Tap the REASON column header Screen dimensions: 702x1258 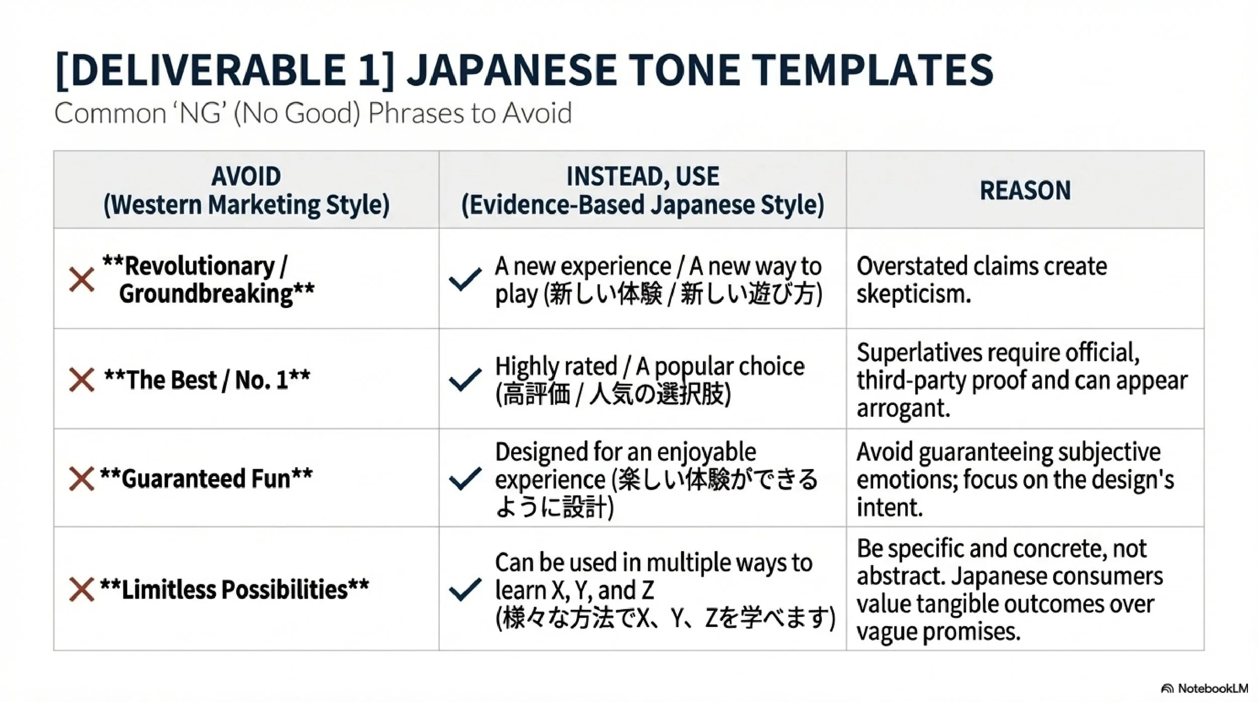click(x=1025, y=191)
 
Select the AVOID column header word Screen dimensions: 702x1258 click(x=246, y=177)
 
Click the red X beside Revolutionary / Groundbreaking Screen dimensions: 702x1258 click(x=82, y=280)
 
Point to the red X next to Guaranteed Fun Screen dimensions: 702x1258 click(x=82, y=479)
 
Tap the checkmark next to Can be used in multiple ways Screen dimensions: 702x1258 click(x=464, y=590)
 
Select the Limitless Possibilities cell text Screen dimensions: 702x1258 click(x=234, y=590)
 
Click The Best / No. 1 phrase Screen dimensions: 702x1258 click(x=207, y=380)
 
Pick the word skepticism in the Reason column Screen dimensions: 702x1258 click(x=913, y=294)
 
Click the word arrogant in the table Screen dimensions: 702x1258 click(x=903, y=408)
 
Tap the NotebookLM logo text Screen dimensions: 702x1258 click(x=1211, y=688)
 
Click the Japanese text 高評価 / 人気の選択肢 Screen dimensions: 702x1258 click(x=612, y=395)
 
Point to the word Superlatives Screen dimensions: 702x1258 click(x=919, y=352)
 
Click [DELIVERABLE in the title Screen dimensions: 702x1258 click(x=201, y=70)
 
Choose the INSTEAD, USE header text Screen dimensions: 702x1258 click(x=643, y=177)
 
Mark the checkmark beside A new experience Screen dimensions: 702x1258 click(x=464, y=280)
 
